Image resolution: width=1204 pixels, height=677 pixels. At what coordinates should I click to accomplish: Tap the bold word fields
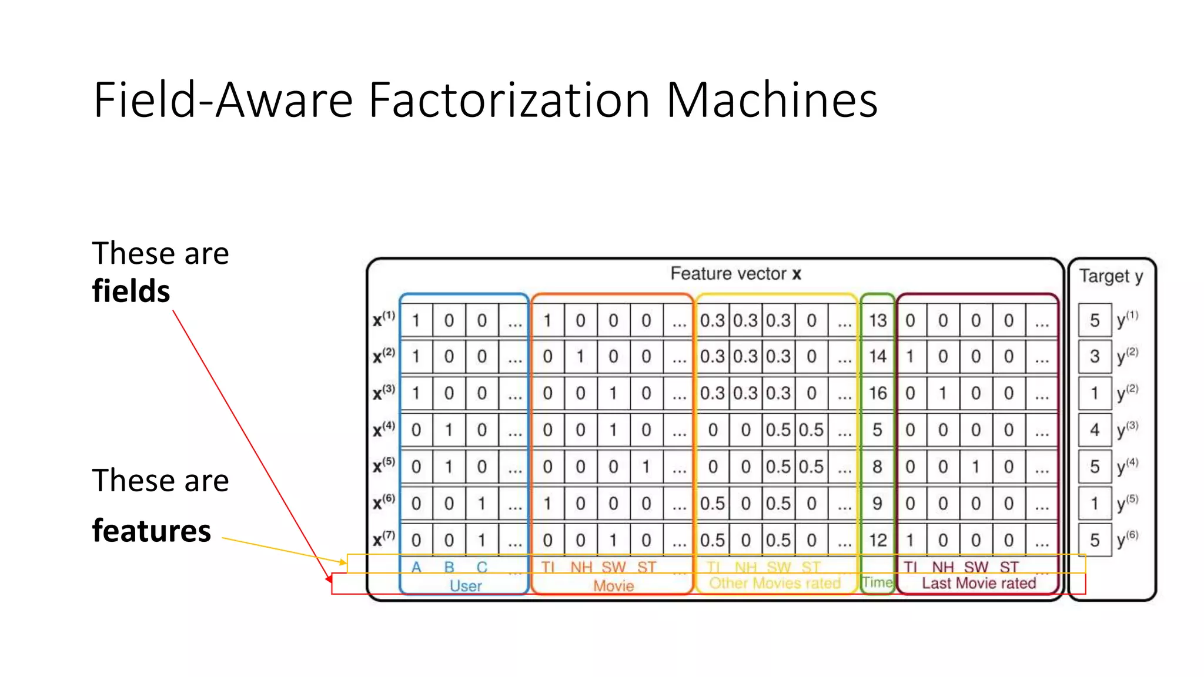tap(131, 291)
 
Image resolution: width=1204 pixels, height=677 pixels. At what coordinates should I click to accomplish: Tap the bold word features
tap(151, 531)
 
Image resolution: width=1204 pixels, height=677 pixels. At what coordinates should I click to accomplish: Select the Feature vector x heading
tap(735, 274)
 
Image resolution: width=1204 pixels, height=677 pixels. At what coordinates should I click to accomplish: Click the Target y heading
tap(1111, 276)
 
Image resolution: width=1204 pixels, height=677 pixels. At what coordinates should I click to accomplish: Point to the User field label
tap(466, 586)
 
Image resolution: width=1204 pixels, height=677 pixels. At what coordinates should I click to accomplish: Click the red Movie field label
tap(613, 586)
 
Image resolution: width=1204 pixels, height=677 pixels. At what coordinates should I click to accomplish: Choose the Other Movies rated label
tap(775, 583)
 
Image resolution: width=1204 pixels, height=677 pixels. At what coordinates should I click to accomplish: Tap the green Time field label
tap(877, 582)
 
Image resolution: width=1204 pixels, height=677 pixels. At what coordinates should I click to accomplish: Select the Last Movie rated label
tap(978, 583)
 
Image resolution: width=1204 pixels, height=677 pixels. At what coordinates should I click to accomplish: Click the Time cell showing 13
tap(877, 321)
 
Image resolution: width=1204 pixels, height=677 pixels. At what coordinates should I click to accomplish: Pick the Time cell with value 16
tap(877, 393)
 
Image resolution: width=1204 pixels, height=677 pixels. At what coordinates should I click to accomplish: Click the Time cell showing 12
tap(877, 540)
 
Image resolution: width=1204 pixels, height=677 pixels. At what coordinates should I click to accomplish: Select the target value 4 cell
tap(1095, 430)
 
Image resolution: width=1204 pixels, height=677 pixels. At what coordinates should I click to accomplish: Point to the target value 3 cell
tap(1095, 356)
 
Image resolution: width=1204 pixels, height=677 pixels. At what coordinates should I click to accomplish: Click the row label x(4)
tap(384, 430)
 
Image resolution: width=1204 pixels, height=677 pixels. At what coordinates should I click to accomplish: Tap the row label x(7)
tap(384, 539)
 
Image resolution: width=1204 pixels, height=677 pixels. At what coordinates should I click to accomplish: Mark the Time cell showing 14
tap(877, 356)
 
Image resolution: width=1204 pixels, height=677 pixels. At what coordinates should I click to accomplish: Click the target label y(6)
tap(1127, 539)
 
